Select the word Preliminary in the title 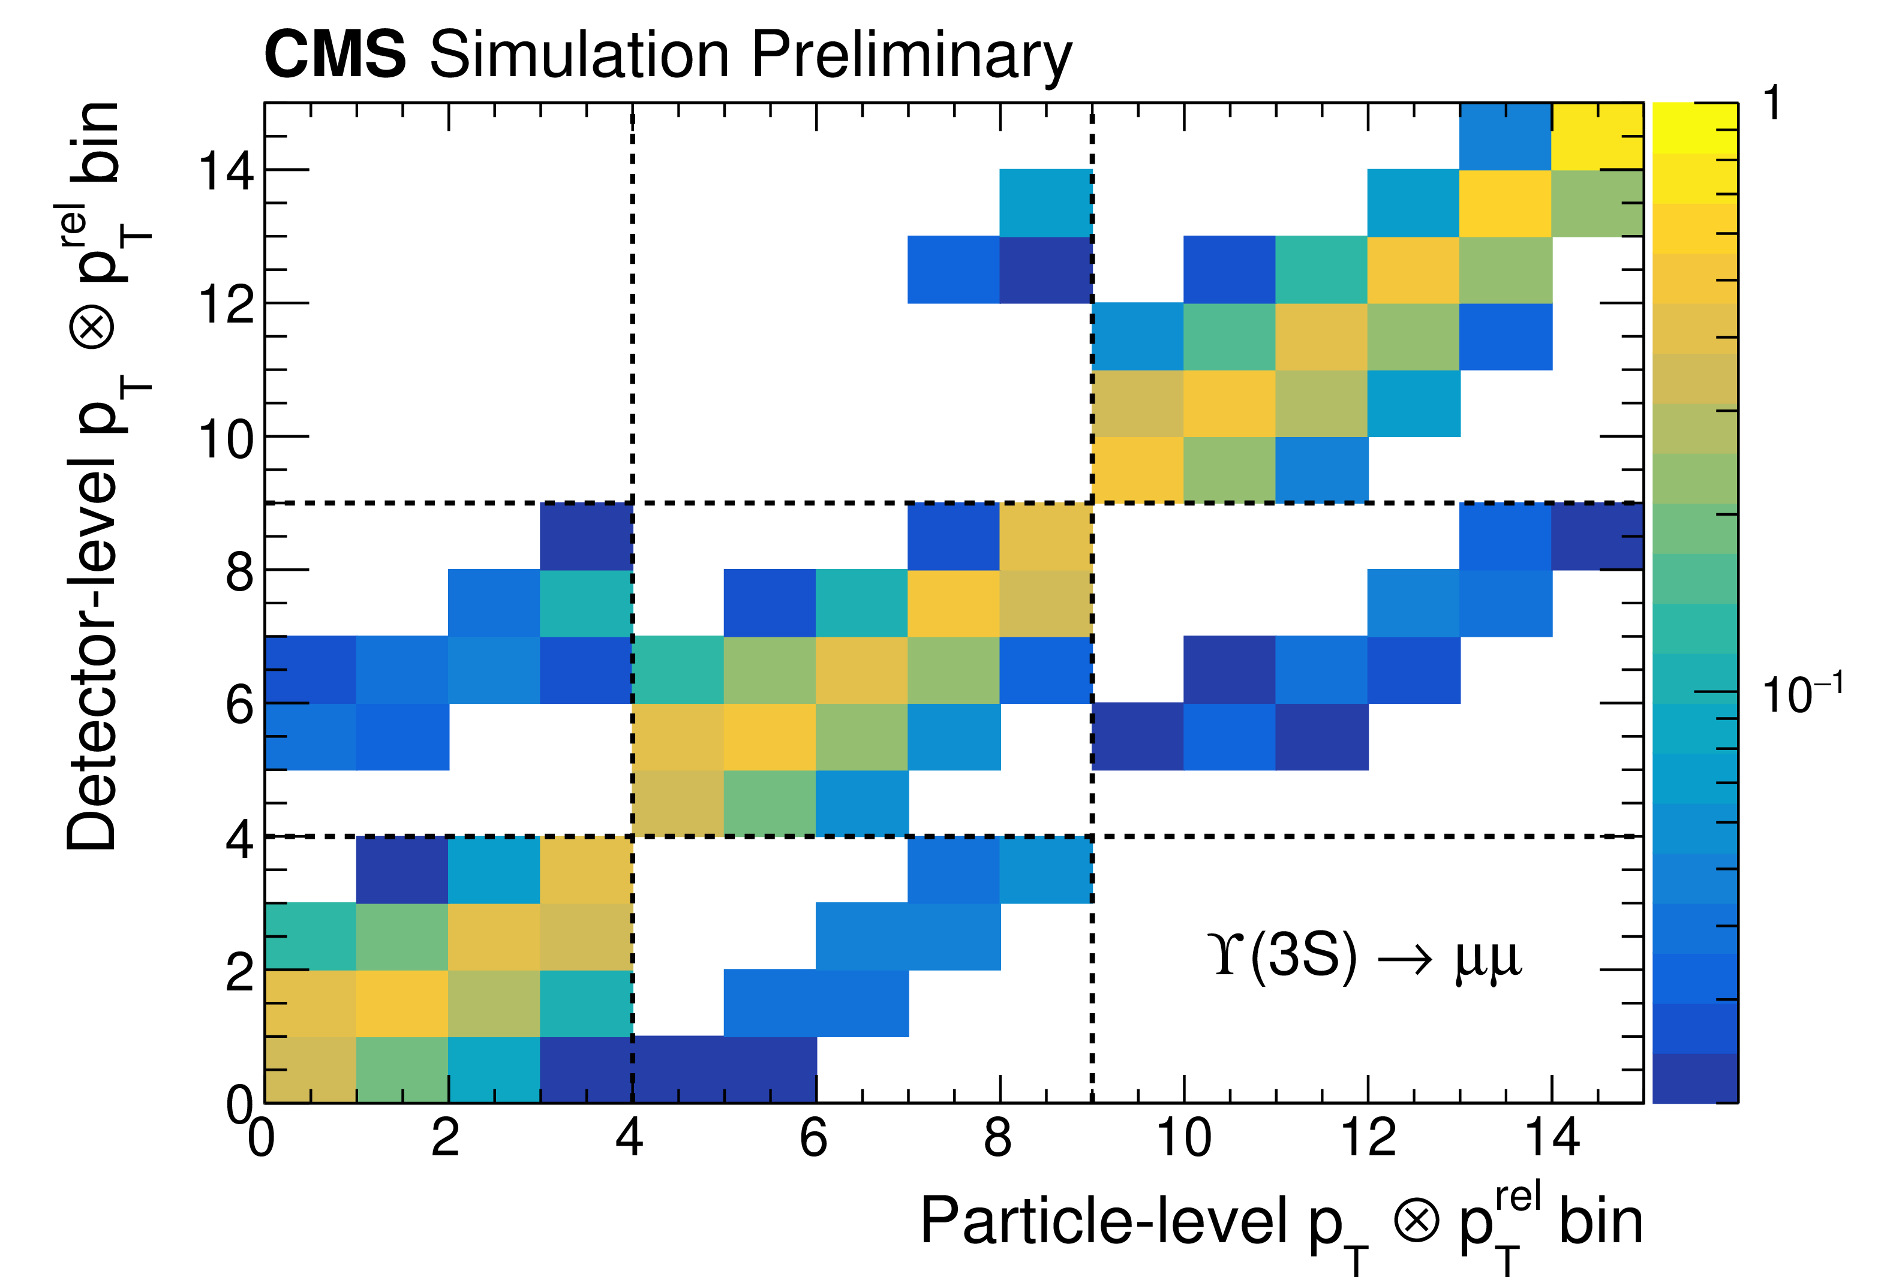(911, 57)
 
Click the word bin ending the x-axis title (1600, 1221)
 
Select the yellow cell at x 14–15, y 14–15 (1597, 137)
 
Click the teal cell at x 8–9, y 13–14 (1045, 203)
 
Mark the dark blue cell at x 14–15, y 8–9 (1597, 537)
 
